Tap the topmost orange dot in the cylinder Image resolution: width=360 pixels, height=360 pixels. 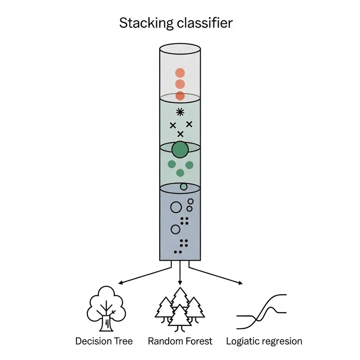(x=180, y=73)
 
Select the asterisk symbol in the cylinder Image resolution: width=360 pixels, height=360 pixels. (x=180, y=112)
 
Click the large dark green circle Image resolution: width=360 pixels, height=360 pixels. (x=180, y=149)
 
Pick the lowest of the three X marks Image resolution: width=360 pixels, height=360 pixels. (x=180, y=134)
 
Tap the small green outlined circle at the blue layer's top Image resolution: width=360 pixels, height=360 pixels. (x=184, y=186)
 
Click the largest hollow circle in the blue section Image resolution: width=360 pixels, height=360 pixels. (x=176, y=207)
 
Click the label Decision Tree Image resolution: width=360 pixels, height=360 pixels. (x=104, y=341)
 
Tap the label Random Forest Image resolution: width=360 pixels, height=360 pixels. (x=180, y=341)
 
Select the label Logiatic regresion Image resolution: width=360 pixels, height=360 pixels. (x=264, y=341)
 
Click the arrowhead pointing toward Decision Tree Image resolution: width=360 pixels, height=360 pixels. (x=120, y=283)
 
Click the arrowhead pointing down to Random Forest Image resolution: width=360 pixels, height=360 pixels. (x=180, y=282)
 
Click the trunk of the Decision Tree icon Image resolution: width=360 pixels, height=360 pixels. (x=107, y=323)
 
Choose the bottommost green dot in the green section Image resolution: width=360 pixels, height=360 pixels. (x=180, y=173)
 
